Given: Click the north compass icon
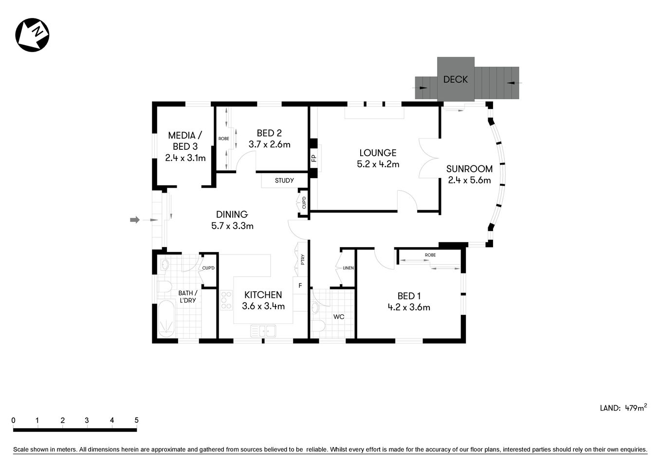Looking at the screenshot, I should [33, 35].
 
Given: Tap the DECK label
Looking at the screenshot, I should [455, 79].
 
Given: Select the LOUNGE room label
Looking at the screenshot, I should [378, 153].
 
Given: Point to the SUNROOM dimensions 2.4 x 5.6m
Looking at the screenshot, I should [469, 180].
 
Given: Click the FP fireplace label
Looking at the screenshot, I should [313, 158].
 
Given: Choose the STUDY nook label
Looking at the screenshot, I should [284, 180].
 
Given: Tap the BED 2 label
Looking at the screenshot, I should [269, 133].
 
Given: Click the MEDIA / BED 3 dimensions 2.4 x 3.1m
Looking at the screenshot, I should [185, 158].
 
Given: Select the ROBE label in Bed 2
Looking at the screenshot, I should [223, 139].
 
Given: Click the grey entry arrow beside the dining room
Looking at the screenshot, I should [135, 220].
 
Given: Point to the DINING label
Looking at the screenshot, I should [232, 215].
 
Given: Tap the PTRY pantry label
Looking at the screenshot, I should [302, 260].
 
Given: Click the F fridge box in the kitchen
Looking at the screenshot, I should [300, 286].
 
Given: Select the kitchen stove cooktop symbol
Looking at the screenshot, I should [226, 300].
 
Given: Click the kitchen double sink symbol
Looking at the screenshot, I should [263, 331].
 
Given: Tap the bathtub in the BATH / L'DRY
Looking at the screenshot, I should [166, 319].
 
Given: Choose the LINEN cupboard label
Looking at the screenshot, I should [348, 268].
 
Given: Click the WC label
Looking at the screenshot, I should [339, 317].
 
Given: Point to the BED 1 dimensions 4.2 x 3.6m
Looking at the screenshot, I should [409, 307].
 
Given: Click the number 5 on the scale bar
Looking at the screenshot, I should [137, 420].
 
